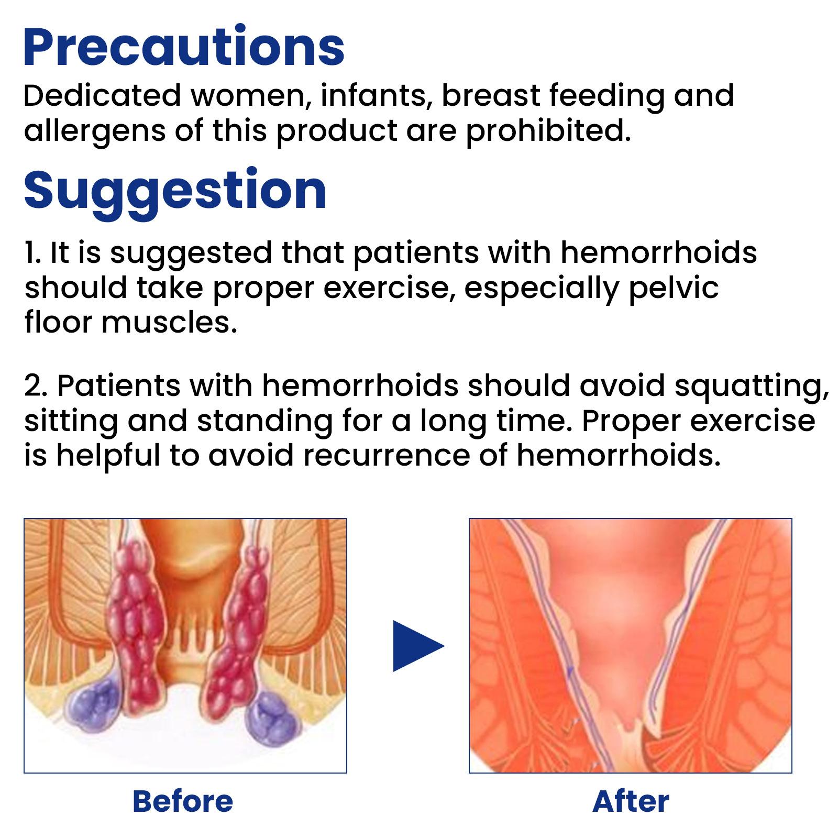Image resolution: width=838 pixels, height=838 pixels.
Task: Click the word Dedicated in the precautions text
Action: [102, 96]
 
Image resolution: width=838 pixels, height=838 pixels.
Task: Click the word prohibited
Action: [548, 130]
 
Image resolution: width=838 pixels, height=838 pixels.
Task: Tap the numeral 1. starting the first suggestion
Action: [32, 253]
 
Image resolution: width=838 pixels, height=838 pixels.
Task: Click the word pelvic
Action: [674, 289]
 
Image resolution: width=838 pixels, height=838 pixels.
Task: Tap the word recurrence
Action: [387, 456]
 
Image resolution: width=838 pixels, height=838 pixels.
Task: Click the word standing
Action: [264, 422]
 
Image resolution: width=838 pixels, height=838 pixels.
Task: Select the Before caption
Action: [183, 801]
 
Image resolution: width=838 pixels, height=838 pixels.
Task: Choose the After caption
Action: [631, 801]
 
